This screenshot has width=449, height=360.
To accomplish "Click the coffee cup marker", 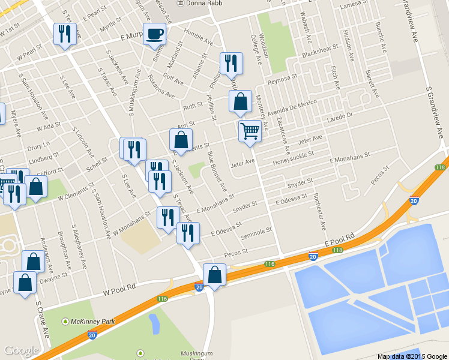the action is click(x=154, y=35).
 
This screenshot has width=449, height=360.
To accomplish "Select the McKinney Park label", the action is click(x=93, y=322).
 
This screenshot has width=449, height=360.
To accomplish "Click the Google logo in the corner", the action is click(x=22, y=350).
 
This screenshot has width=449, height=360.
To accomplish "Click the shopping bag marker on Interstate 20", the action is click(x=214, y=275).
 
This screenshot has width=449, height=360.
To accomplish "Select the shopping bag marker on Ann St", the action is click(x=181, y=140).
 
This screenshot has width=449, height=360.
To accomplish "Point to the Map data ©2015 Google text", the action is click(x=412, y=356).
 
